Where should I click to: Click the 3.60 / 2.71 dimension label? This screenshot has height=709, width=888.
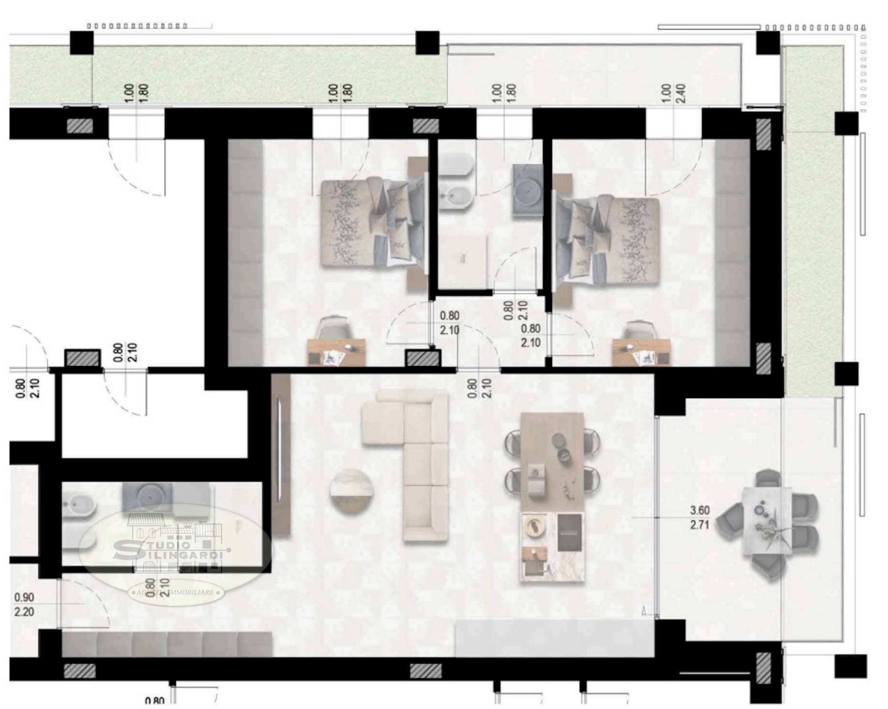click(699, 518)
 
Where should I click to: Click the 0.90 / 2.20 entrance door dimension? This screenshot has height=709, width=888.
click(24, 605)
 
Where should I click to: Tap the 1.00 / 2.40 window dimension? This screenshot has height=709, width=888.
click(673, 93)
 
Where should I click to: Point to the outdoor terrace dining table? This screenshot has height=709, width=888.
click(766, 521)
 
